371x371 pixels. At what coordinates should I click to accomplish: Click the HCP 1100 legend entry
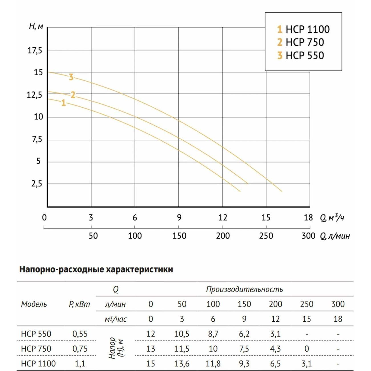(x=303, y=29)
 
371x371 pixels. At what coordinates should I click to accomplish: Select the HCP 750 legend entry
(x=301, y=42)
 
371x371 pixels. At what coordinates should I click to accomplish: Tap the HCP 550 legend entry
(x=301, y=55)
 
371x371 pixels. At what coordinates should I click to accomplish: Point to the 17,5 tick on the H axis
(x=35, y=51)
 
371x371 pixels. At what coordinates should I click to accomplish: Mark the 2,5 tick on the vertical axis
(x=37, y=184)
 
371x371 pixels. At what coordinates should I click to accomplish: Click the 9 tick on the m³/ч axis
(x=179, y=218)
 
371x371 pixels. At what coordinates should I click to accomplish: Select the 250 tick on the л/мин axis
(x=266, y=236)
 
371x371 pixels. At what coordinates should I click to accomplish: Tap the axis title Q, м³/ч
(x=332, y=218)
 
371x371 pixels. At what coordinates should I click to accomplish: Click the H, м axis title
(x=36, y=27)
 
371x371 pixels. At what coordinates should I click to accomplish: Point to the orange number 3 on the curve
(x=71, y=77)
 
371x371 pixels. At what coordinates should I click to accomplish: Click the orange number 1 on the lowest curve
(x=63, y=103)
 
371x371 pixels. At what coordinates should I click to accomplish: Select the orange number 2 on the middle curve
(x=73, y=95)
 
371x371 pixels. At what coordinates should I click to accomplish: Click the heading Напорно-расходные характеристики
(x=96, y=269)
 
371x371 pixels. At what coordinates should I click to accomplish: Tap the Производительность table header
(x=244, y=289)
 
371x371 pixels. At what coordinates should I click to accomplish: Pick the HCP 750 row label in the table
(x=36, y=349)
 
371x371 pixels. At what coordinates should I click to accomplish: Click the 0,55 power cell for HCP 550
(x=80, y=334)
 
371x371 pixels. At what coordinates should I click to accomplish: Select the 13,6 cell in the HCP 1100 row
(x=182, y=364)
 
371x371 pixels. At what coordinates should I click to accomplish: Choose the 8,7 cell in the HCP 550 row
(x=213, y=334)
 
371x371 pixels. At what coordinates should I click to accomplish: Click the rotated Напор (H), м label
(x=116, y=348)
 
